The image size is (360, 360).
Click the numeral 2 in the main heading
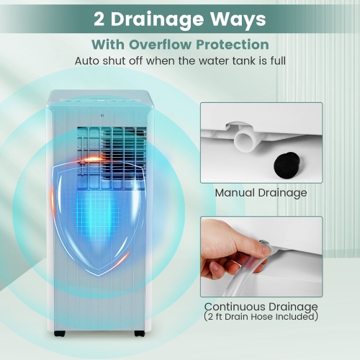tap(99, 19)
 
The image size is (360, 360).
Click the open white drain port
tap(245, 141)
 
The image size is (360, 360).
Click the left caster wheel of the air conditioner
tap(60, 333)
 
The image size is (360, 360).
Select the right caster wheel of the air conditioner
tap(140, 333)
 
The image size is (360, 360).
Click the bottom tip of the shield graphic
tap(99, 276)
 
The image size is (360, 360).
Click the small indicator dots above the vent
tap(102, 115)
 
